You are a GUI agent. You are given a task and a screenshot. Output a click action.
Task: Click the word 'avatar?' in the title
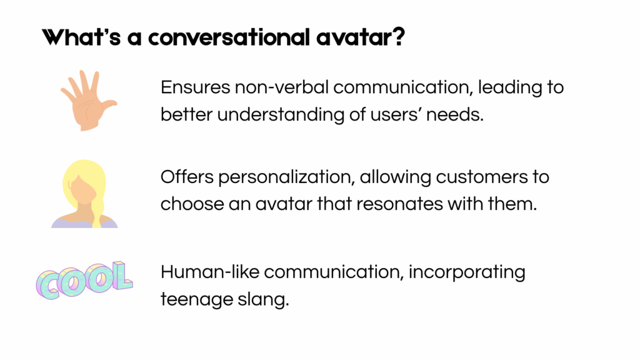pyautogui.click(x=361, y=37)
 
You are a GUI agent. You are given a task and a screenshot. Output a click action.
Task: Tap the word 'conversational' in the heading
pyautogui.click(x=229, y=37)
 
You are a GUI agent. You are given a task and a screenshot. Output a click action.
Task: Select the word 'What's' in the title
pyautogui.click(x=81, y=37)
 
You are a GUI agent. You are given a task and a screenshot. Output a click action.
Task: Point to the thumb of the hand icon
pyautogui.click(x=109, y=104)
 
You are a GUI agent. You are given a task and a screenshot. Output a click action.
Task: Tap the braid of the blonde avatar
pyautogui.click(x=98, y=210)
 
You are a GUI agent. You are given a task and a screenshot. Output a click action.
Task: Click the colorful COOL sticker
pyautogui.click(x=84, y=280)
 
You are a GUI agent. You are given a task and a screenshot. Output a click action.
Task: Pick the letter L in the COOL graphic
pyautogui.click(x=122, y=276)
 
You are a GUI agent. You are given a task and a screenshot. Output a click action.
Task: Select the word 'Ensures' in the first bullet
pyautogui.click(x=196, y=87)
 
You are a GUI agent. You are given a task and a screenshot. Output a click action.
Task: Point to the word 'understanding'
pyautogui.click(x=281, y=115)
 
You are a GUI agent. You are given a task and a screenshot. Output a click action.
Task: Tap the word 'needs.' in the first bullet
pyautogui.click(x=455, y=115)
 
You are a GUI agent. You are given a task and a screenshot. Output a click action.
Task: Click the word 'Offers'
pyautogui.click(x=187, y=177)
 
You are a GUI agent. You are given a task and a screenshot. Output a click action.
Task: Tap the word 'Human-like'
pyautogui.click(x=210, y=272)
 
